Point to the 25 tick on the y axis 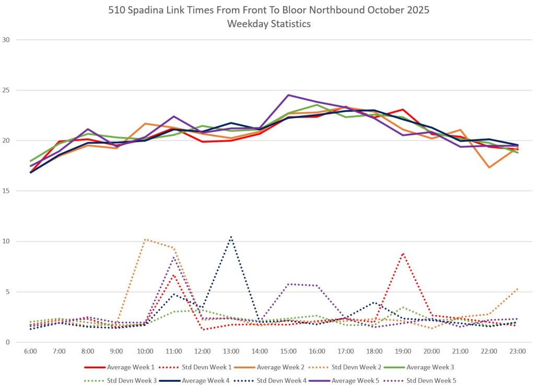click(7, 90)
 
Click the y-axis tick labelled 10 click(7, 241)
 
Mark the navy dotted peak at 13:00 click(231, 237)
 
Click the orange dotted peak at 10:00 click(145, 239)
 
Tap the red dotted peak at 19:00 click(403, 253)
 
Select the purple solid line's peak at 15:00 click(288, 95)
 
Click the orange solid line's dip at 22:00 click(489, 167)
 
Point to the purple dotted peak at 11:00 click(174, 257)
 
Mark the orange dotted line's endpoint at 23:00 click(517, 288)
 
